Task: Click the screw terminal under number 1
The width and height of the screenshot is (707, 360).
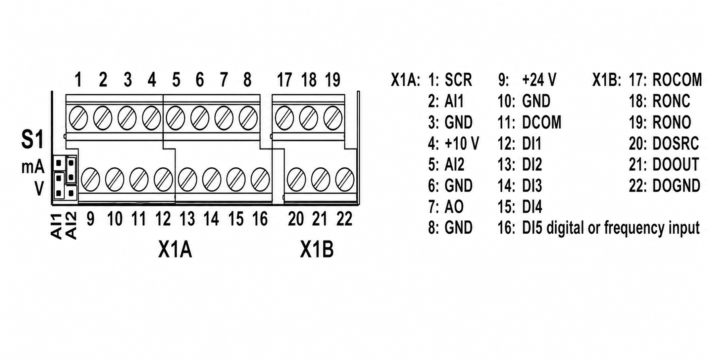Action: tap(78, 118)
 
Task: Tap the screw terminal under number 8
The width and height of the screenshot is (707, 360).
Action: tap(248, 118)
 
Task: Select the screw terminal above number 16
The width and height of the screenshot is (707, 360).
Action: tap(260, 180)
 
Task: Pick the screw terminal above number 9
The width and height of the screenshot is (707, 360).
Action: tap(90, 180)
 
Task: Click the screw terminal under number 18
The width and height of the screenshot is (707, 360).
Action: tap(309, 118)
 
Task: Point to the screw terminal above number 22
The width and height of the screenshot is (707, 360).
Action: tap(345, 180)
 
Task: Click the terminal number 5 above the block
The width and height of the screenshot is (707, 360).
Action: tap(176, 80)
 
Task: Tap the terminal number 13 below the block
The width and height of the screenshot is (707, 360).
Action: tap(187, 219)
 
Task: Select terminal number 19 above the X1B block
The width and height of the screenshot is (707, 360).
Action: tap(333, 80)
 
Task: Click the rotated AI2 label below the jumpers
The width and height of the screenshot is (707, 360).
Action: tap(71, 226)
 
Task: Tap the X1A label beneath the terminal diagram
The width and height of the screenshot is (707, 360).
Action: tap(175, 250)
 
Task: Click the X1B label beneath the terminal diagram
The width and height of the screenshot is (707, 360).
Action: tap(317, 250)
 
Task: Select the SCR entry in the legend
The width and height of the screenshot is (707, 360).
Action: tap(458, 80)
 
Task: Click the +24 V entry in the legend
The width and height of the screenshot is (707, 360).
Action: tap(539, 80)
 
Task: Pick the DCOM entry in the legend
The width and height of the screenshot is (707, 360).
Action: tap(541, 122)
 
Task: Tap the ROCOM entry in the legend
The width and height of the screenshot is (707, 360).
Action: tap(677, 80)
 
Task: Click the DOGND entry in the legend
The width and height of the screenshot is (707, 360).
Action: tap(676, 186)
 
